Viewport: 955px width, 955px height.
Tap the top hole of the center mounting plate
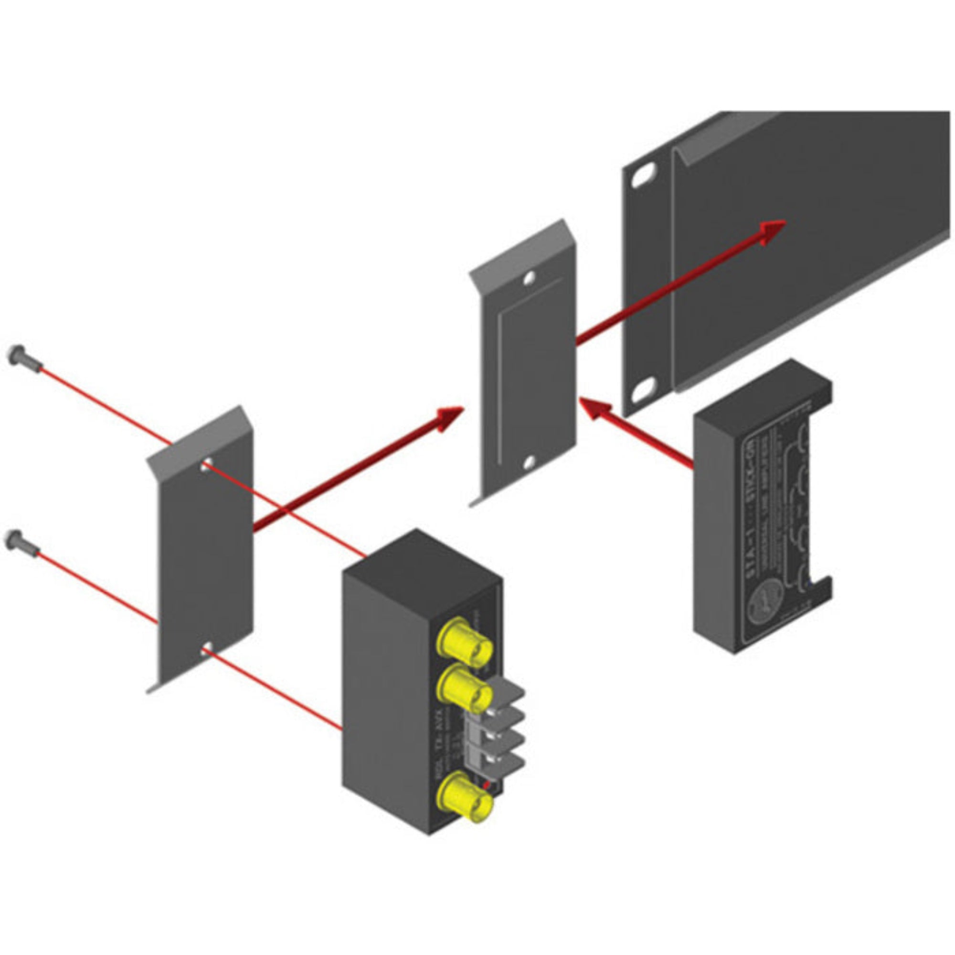(529, 279)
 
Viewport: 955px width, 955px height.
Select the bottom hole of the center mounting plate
(529, 462)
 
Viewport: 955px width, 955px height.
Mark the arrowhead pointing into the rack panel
(771, 230)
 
